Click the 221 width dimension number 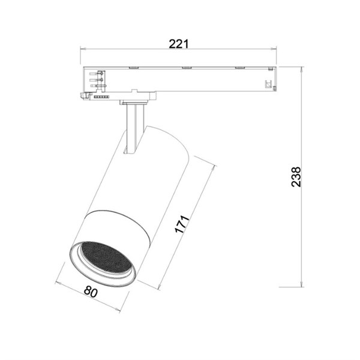[179, 44]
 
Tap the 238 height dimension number [296, 177]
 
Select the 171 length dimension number [182, 224]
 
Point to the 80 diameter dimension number [91, 292]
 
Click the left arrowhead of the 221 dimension [83, 49]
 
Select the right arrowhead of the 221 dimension [274, 49]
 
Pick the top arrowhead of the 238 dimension [301, 70]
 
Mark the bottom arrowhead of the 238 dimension [301, 284]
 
